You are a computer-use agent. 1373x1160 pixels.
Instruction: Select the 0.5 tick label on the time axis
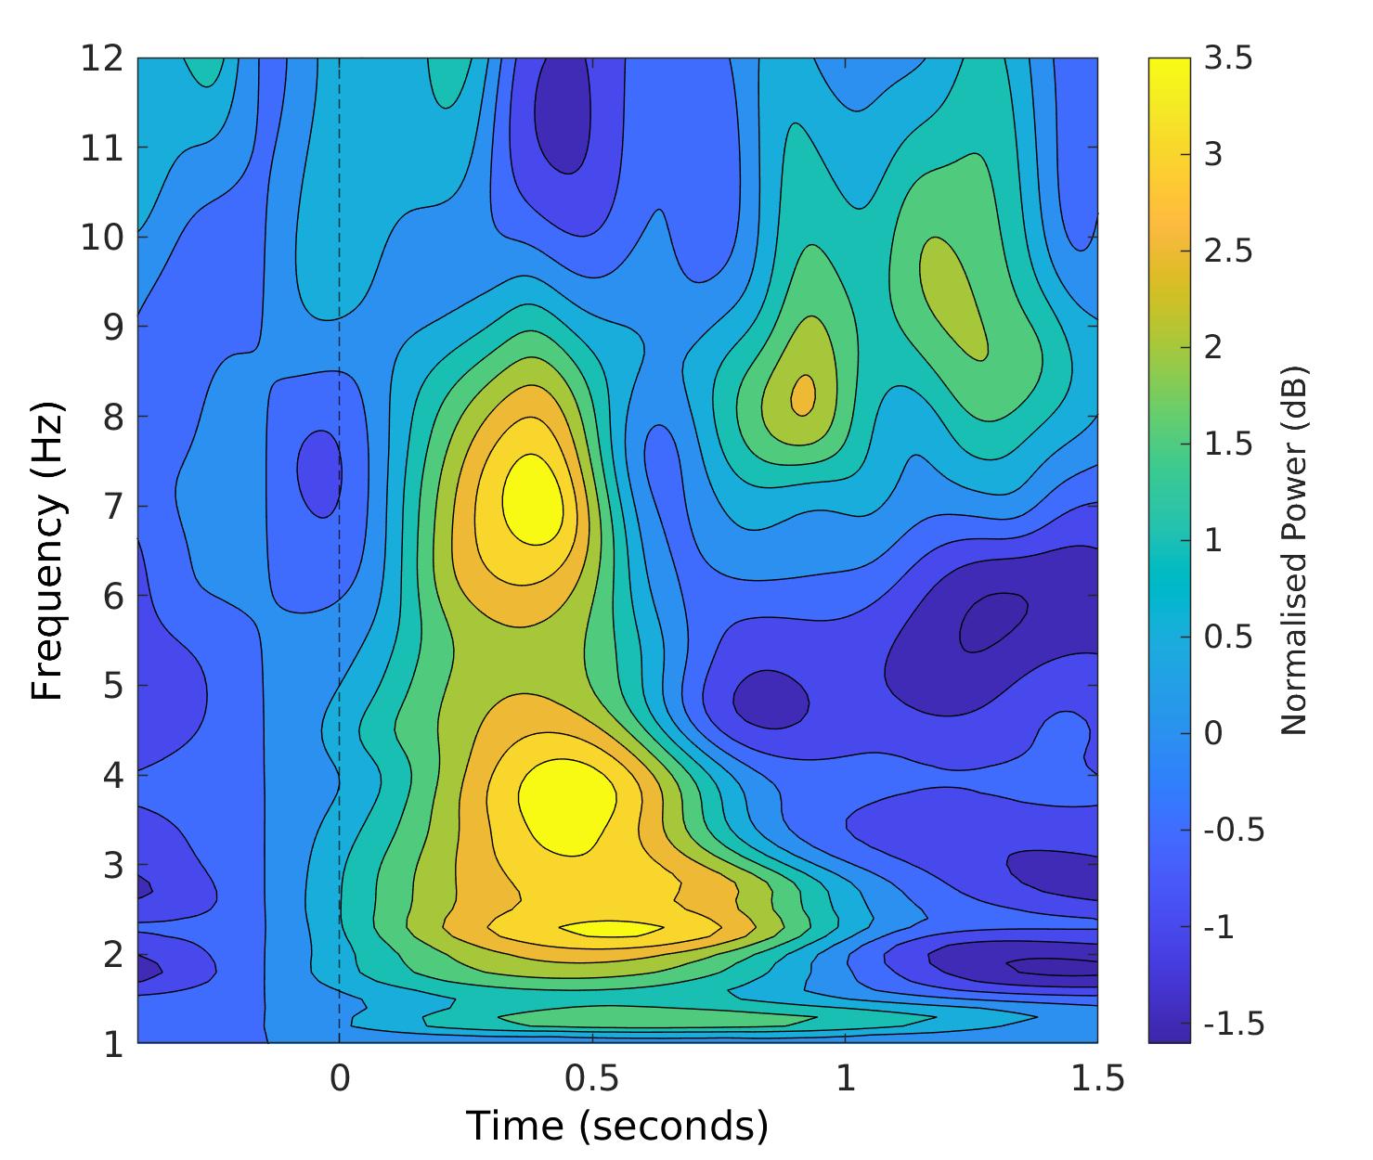pyautogui.click(x=591, y=1079)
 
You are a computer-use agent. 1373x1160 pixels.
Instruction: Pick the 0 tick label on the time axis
pyautogui.click(x=339, y=1079)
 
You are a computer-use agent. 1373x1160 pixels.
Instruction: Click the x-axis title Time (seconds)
pyautogui.click(x=616, y=1126)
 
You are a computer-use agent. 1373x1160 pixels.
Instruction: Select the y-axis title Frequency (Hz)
pyautogui.click(x=48, y=551)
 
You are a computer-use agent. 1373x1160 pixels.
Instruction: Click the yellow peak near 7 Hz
pyautogui.click(x=533, y=499)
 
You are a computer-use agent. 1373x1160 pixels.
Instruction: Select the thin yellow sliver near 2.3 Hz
pyautogui.click(x=611, y=927)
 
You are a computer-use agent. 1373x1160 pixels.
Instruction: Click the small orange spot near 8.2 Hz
pyautogui.click(x=803, y=394)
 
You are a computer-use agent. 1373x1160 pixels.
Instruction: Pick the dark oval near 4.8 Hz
pyautogui.click(x=770, y=699)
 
